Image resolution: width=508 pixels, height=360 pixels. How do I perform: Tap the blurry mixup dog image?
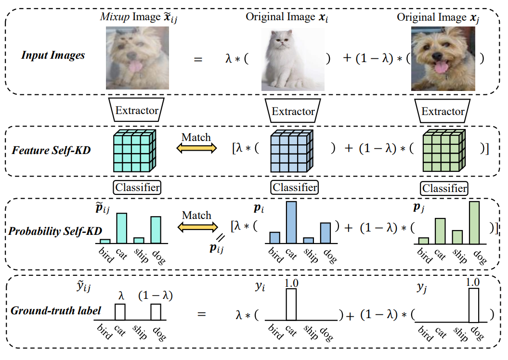point(137,58)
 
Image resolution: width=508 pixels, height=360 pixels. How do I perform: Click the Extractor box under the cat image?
point(293,111)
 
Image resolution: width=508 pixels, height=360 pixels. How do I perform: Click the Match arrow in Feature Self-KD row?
point(196,149)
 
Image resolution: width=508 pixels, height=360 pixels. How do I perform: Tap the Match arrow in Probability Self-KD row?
point(196,226)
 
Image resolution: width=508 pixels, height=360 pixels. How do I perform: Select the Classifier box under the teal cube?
point(137,187)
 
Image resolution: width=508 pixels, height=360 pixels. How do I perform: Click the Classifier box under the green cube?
point(443,188)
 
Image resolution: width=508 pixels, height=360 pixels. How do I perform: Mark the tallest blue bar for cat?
point(291,222)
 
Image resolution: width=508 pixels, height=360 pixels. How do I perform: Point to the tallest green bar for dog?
point(474,222)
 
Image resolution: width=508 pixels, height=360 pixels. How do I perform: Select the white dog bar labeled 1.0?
point(474,305)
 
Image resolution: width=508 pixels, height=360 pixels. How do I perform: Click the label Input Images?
point(53,55)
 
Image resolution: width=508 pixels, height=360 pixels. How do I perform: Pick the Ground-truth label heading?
point(56,310)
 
